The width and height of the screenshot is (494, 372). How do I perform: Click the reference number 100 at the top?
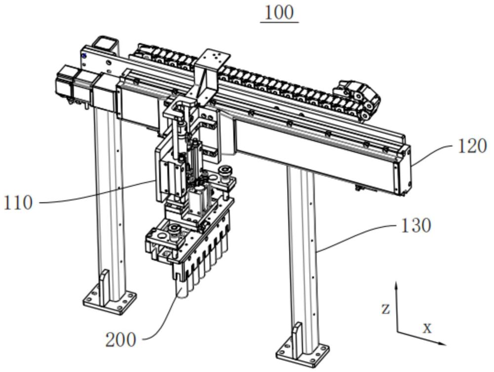(x=279, y=13)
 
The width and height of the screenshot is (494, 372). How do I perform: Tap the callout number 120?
(x=472, y=146)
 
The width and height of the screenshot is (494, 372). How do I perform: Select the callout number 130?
(x=415, y=226)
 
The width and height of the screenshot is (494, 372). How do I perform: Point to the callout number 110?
(x=18, y=203)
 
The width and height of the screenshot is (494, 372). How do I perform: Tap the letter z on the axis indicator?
(x=385, y=309)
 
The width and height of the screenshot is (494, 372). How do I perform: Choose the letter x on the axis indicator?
(x=427, y=329)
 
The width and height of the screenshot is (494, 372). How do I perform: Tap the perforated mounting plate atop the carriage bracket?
(x=213, y=59)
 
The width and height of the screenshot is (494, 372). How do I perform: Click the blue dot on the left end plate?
(x=84, y=56)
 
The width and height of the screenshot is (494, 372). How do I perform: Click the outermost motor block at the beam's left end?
(x=64, y=81)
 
